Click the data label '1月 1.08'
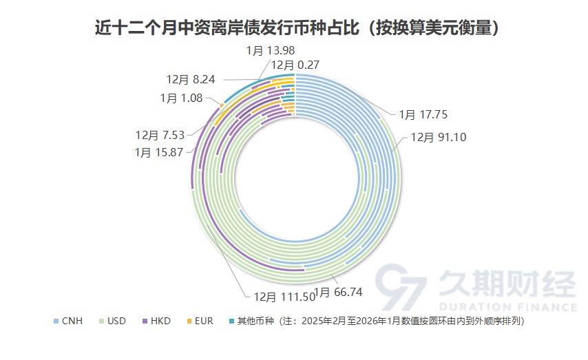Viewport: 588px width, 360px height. coord(181,98)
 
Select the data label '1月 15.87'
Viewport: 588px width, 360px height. coord(159,152)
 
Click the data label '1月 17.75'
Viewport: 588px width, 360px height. coord(423,115)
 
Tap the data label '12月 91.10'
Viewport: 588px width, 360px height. coord(439,136)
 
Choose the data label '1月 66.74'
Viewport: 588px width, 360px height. coord(338,293)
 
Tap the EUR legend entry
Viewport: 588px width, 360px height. coord(200,321)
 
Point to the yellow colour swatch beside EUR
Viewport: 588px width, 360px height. coord(189,321)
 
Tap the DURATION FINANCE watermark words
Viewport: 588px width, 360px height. coord(506,306)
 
